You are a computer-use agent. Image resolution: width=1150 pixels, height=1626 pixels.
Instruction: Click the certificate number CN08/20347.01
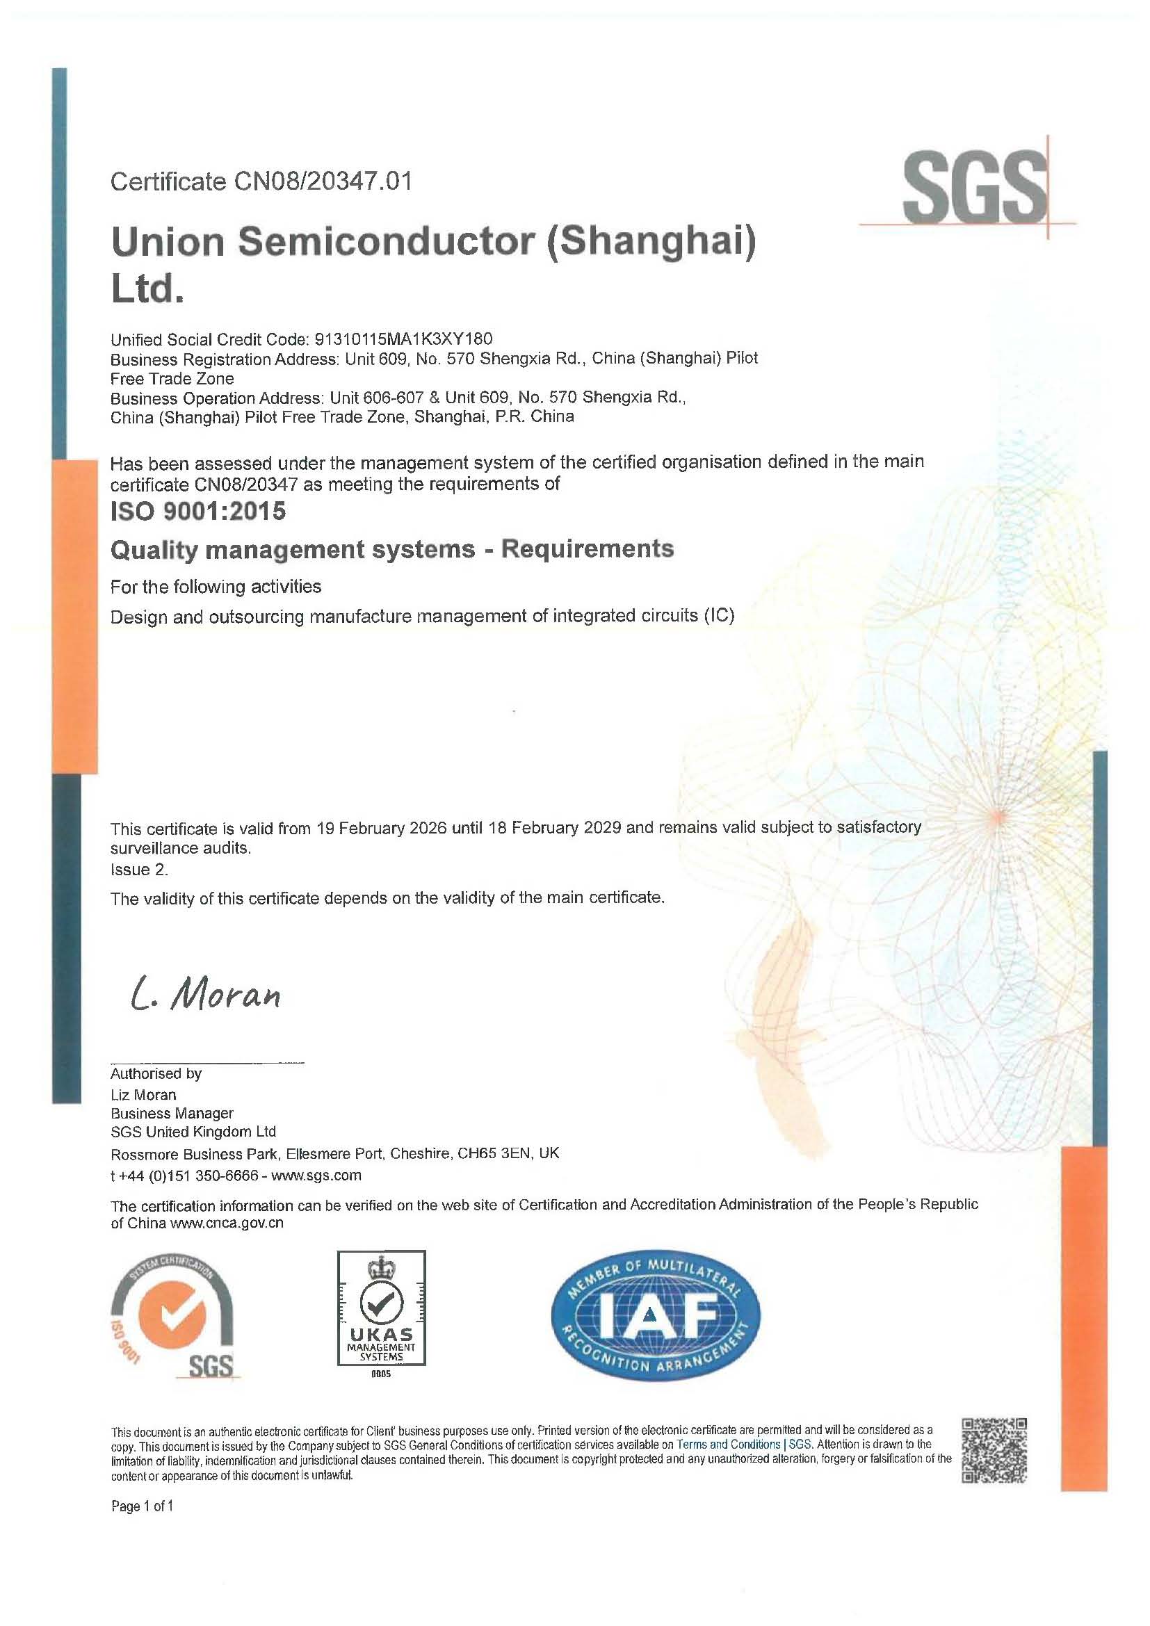point(322,181)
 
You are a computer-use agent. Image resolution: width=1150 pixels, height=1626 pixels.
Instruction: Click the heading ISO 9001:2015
point(198,511)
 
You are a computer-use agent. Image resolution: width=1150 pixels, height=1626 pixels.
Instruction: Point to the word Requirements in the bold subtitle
point(587,549)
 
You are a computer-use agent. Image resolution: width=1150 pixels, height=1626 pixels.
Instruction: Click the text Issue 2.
point(140,869)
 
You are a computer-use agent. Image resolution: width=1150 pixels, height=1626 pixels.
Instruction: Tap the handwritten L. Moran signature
point(206,995)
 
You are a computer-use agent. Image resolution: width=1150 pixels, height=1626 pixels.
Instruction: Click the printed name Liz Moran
point(144,1094)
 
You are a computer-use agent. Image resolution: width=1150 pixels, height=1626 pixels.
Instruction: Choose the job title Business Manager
point(172,1112)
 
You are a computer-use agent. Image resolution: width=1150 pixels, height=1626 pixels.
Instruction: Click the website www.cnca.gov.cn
point(227,1223)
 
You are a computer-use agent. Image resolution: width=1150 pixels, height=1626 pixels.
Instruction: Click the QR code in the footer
point(994,1449)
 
